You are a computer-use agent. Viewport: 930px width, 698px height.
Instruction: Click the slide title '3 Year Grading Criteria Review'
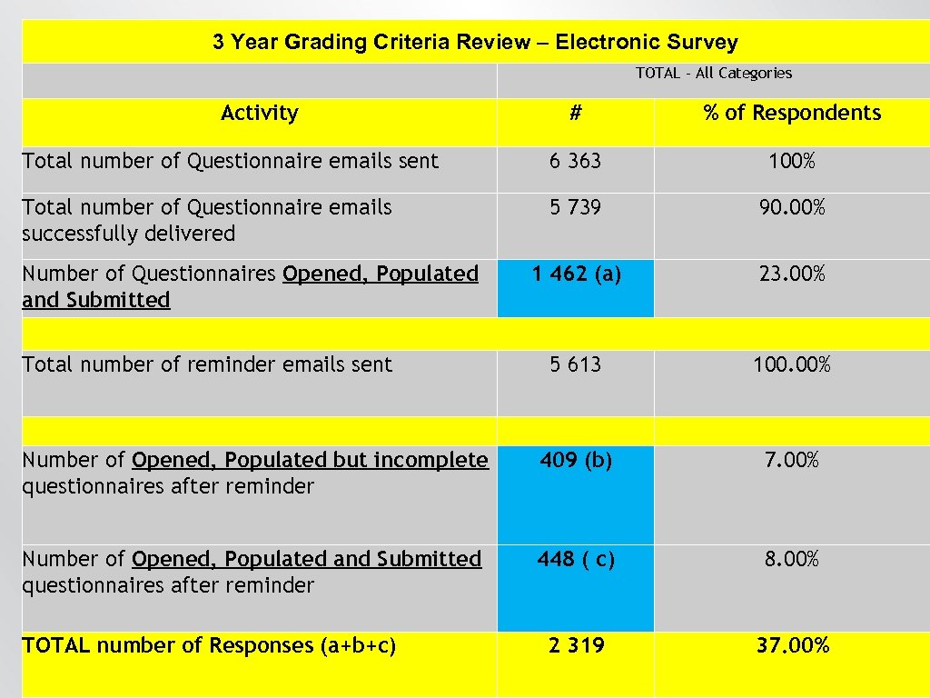click(475, 42)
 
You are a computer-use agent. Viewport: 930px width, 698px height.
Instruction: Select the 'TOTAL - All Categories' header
click(713, 74)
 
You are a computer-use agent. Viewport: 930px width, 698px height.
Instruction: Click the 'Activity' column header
click(259, 113)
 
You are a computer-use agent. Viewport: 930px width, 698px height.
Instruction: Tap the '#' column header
click(575, 113)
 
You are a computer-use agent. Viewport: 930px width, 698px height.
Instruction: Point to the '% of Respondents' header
click(792, 113)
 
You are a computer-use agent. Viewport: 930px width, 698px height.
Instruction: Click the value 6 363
click(575, 161)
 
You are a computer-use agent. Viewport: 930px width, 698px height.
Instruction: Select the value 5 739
click(575, 207)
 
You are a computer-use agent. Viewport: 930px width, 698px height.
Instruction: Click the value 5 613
click(575, 364)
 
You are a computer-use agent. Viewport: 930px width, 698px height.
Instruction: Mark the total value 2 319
click(575, 645)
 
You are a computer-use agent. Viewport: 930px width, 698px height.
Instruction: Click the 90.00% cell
click(792, 207)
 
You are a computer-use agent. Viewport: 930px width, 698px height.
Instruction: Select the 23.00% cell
click(792, 274)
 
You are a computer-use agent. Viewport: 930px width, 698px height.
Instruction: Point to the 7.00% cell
click(792, 460)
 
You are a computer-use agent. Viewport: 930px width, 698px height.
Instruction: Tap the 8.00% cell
click(792, 559)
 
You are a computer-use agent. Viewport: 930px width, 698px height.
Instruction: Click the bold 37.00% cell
click(792, 645)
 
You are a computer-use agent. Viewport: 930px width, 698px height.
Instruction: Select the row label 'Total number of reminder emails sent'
click(207, 364)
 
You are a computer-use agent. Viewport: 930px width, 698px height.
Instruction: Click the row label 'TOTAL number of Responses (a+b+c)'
click(209, 645)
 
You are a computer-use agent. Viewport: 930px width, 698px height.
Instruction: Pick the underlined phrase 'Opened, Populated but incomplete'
click(310, 460)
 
